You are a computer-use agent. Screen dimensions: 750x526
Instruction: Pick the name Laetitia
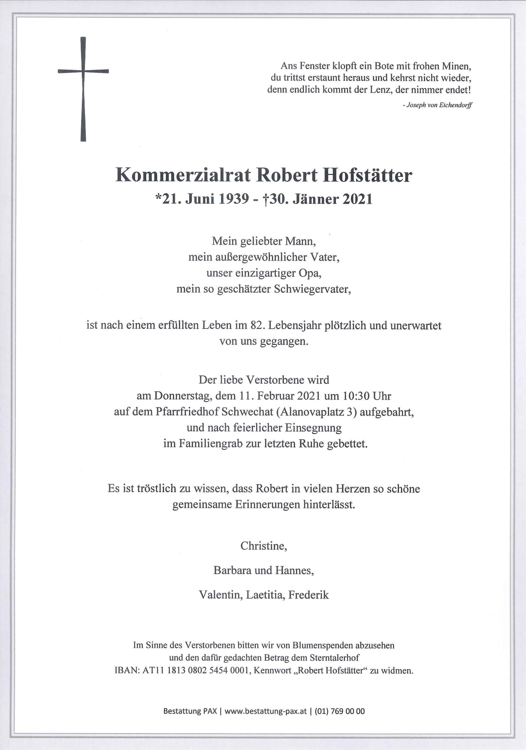[261, 595]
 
